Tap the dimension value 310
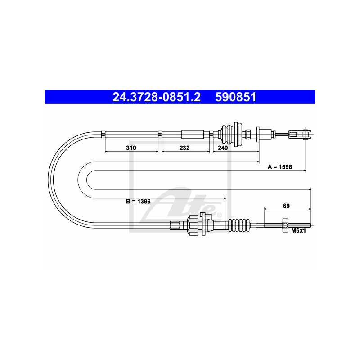131,148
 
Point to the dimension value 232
184,148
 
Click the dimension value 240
223,148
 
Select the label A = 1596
280,166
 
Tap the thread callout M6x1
298,231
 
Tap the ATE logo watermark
189,202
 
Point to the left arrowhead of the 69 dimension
265,209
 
